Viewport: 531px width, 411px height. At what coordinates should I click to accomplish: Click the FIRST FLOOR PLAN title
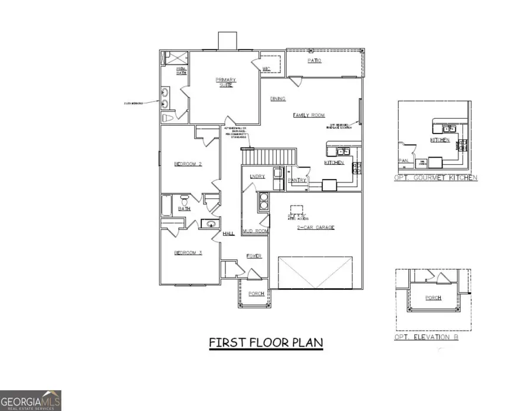pyautogui.click(x=266, y=343)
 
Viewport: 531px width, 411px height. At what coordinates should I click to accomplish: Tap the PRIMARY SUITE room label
pyautogui.click(x=225, y=82)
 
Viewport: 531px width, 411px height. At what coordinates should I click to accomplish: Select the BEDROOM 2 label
pyautogui.click(x=188, y=164)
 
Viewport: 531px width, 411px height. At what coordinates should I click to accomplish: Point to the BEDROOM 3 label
pyautogui.click(x=188, y=253)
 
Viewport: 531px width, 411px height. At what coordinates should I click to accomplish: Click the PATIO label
pyautogui.click(x=314, y=61)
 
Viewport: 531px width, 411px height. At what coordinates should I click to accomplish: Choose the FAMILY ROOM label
pyautogui.click(x=309, y=115)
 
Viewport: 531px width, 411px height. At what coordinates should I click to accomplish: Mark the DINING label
pyautogui.click(x=278, y=99)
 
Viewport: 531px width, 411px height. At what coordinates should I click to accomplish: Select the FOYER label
pyautogui.click(x=254, y=256)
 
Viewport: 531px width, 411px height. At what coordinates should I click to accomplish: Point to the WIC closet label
pyautogui.click(x=266, y=69)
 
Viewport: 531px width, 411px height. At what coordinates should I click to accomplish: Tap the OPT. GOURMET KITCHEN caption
pyautogui.click(x=436, y=178)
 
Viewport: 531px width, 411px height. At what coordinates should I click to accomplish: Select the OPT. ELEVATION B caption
pyautogui.click(x=426, y=337)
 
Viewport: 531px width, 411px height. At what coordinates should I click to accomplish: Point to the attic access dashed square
pyautogui.click(x=296, y=211)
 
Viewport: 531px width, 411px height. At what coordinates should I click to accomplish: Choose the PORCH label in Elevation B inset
pyautogui.click(x=433, y=298)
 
